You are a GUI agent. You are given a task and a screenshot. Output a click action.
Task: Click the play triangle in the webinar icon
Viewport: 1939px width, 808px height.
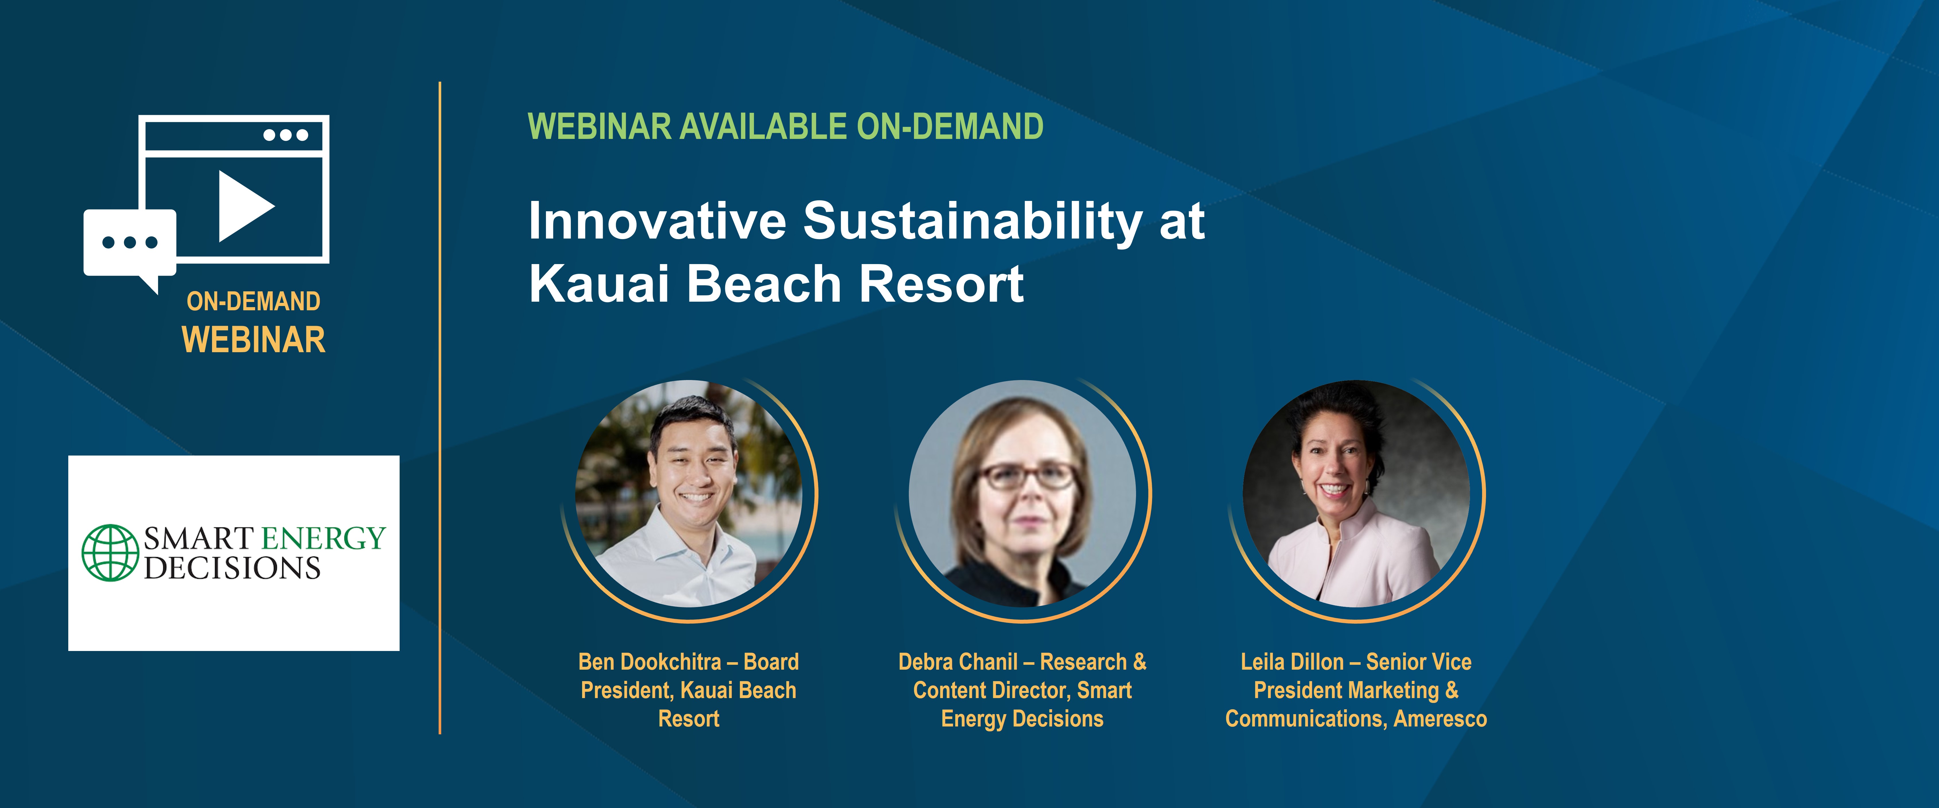coord(243,206)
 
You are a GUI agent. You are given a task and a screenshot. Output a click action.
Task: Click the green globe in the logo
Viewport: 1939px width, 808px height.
coord(110,553)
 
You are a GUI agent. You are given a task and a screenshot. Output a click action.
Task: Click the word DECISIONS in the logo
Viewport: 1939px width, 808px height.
coord(233,568)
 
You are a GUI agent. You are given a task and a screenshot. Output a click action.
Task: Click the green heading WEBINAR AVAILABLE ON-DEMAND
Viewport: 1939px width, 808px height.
coord(785,127)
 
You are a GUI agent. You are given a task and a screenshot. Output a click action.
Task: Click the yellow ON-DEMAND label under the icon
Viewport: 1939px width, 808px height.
coord(254,301)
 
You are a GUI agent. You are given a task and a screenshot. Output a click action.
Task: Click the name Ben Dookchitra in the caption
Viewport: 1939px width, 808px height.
coord(649,662)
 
